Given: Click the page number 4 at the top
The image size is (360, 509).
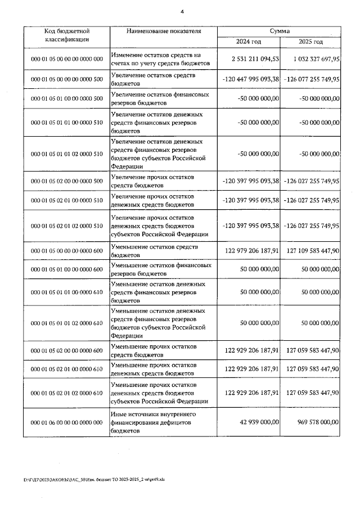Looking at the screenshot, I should pos(182,11).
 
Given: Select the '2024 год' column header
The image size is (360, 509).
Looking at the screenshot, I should pos(248,42).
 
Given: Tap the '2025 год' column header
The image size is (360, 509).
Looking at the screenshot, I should pos(310,42).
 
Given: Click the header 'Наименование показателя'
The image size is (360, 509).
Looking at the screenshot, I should pos(164,31).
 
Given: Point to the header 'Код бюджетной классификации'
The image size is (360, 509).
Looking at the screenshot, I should pos(66,36).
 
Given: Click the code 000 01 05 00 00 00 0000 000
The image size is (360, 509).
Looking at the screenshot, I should pos(66,58).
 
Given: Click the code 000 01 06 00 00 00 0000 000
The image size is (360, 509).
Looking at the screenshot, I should pos(66,422).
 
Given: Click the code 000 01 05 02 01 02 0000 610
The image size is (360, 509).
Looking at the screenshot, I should pos(66,392).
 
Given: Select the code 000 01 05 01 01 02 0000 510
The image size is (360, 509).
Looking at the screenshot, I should pos(66,154).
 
